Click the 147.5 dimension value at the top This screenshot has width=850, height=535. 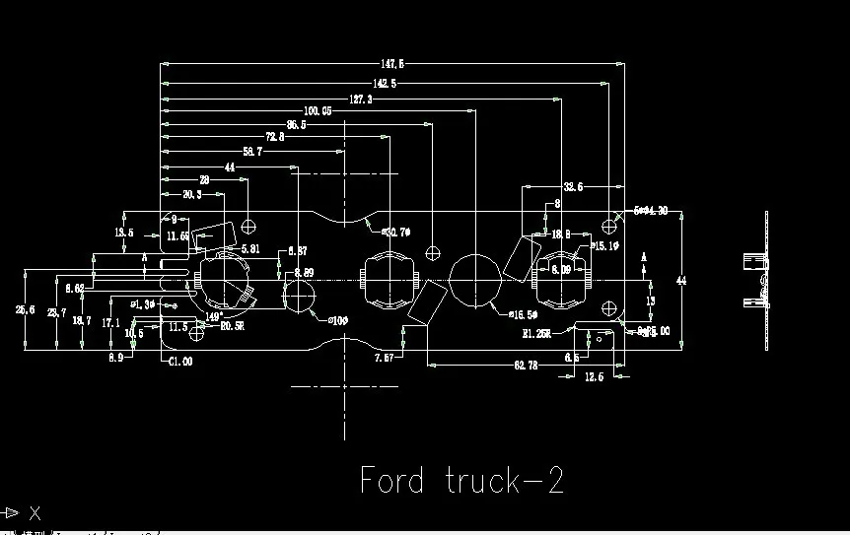(x=392, y=64)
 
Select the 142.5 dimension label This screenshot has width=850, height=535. (x=385, y=84)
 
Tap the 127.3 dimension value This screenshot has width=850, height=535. (x=360, y=100)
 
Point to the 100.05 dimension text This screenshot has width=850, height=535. (x=318, y=111)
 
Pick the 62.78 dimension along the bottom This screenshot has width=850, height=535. (x=526, y=366)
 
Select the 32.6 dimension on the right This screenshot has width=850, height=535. (x=573, y=186)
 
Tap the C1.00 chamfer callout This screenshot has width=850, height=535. (x=179, y=362)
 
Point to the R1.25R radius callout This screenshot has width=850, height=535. (x=537, y=333)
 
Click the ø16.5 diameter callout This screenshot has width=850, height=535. (x=523, y=314)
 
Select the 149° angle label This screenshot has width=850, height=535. (x=213, y=317)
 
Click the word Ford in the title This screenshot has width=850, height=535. (x=391, y=481)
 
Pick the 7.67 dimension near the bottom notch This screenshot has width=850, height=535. (x=384, y=358)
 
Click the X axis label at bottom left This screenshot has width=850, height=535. (x=35, y=512)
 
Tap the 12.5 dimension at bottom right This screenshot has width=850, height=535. (x=594, y=377)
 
